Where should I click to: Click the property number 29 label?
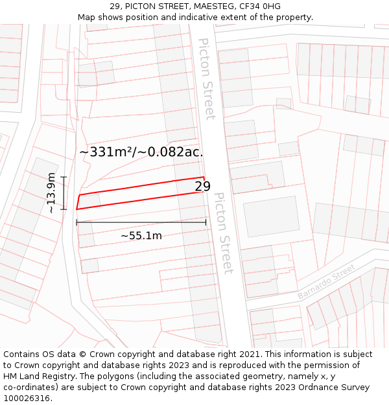tap(202, 187)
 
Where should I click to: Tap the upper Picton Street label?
tap(206, 78)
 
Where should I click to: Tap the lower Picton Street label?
tap(223, 233)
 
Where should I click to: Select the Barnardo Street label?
tap(327, 282)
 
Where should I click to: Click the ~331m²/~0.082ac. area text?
tap(141, 152)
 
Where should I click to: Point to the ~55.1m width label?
tap(141, 236)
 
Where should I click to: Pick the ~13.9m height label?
tap(52, 193)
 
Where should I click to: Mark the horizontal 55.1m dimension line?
tap(141, 222)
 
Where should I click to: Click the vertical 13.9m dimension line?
tap(64, 193)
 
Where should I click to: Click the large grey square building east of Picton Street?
tap(272, 216)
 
